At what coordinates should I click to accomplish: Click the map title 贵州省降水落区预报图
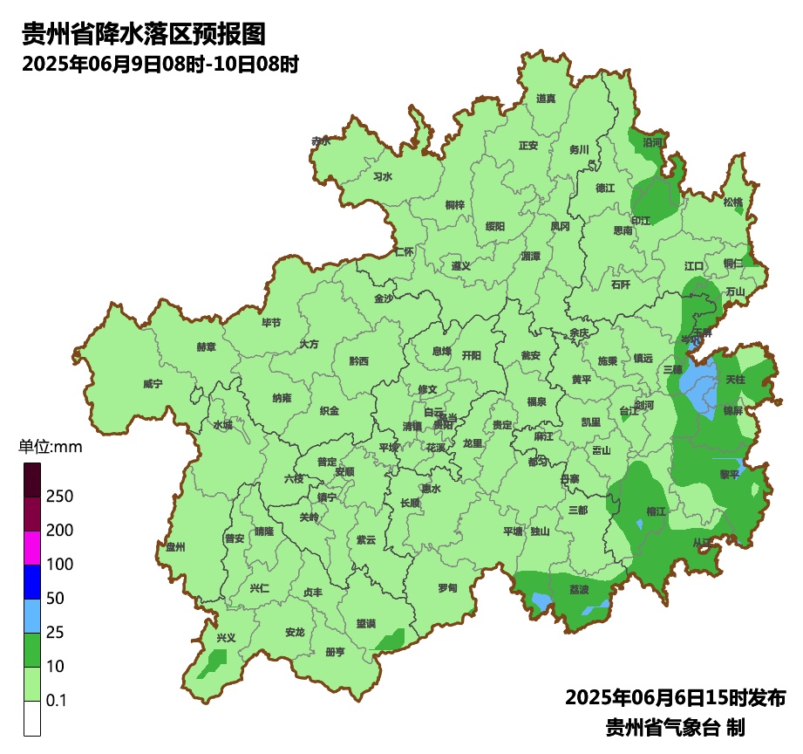point(142,34)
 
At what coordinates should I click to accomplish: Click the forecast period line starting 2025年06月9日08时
point(160,64)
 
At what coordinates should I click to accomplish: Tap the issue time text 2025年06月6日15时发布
point(675,698)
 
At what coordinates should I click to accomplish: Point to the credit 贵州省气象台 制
point(675,727)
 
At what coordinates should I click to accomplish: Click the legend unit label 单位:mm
point(50,448)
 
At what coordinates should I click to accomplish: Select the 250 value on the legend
point(59,497)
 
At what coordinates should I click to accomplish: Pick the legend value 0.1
point(57,701)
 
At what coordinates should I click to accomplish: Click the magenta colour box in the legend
point(32,548)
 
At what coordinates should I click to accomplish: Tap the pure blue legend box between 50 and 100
point(32,582)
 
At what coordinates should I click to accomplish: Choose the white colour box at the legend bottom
point(32,718)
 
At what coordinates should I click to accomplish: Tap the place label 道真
point(546,99)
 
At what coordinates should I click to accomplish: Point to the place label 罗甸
point(447,587)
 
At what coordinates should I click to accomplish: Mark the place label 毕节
point(271,323)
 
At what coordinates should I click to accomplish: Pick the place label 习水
point(382,177)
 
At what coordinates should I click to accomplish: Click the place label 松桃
point(732,202)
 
